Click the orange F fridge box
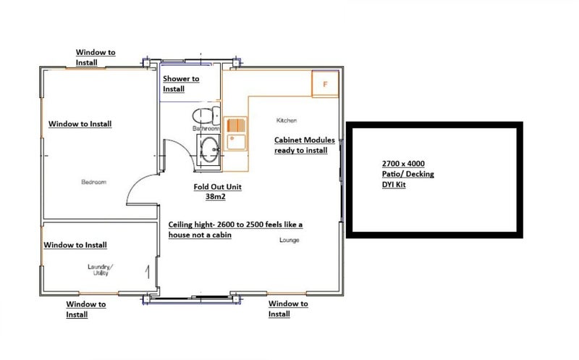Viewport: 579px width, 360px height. click(325, 84)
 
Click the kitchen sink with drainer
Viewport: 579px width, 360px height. click(236, 134)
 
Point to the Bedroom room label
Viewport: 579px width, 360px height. click(94, 182)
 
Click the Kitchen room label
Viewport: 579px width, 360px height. click(287, 120)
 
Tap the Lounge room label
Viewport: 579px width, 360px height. click(289, 240)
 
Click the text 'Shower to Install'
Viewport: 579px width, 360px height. click(181, 83)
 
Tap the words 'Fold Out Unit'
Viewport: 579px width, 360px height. click(217, 186)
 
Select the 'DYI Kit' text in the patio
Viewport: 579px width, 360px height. click(397, 185)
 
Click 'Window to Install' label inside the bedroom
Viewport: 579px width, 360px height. click(80, 124)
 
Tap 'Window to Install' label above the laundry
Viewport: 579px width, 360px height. click(75, 246)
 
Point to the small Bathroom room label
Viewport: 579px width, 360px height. click(205, 128)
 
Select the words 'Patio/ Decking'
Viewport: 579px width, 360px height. click(407, 175)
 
